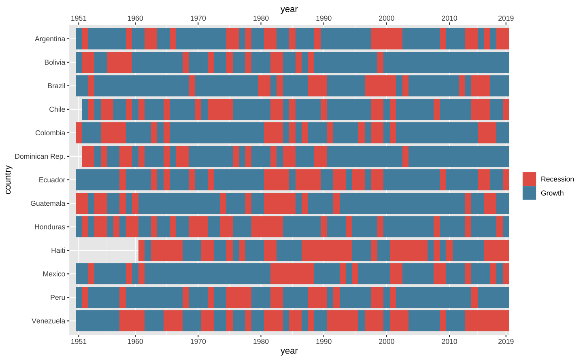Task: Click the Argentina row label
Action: click(50, 39)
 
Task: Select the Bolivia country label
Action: click(55, 62)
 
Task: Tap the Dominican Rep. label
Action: click(40, 156)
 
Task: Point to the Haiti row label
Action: click(58, 250)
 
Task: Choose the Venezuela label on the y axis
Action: click(48, 321)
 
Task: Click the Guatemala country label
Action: click(48, 203)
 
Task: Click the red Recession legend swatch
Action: click(529, 179)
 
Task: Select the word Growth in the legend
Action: click(552, 193)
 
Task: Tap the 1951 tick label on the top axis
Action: click(79, 18)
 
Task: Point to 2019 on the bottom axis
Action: click(506, 341)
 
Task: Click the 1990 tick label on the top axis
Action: click(323, 18)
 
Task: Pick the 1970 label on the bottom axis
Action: click(198, 341)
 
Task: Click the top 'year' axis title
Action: click(289, 9)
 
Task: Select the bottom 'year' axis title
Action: click(289, 351)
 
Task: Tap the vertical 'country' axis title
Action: click(8, 179)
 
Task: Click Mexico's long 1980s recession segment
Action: click(292, 274)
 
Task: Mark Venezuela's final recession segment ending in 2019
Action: click(487, 321)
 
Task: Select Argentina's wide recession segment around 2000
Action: click(386, 39)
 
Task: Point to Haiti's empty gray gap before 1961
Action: click(107, 250)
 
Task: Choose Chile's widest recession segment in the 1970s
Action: click(220, 109)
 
